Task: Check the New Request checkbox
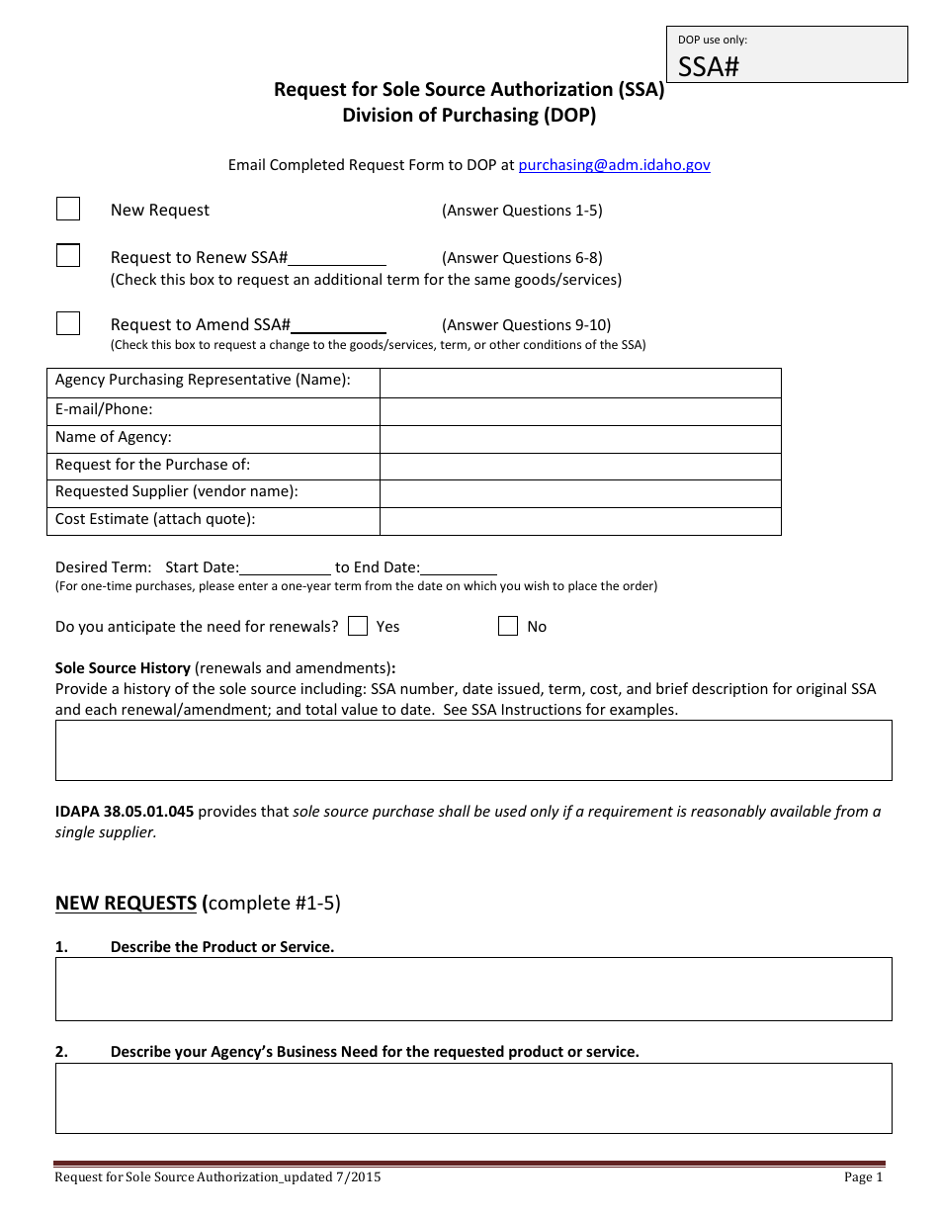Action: pyautogui.click(x=68, y=209)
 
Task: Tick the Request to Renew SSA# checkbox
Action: pyautogui.click(x=68, y=256)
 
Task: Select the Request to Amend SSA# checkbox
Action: pyautogui.click(x=68, y=323)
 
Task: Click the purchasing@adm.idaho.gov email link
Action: pyautogui.click(x=614, y=165)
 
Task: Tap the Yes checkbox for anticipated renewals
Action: pyautogui.click(x=359, y=626)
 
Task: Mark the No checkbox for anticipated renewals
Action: pyautogui.click(x=508, y=626)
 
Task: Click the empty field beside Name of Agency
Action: pyautogui.click(x=580, y=439)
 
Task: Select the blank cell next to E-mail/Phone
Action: pyautogui.click(x=580, y=411)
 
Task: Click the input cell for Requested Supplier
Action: pyautogui.click(x=580, y=493)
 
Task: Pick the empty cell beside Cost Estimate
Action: pyautogui.click(x=580, y=521)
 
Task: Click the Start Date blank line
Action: pyautogui.click(x=285, y=567)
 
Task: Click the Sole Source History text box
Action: pyautogui.click(x=473, y=750)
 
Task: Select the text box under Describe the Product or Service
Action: pyautogui.click(x=473, y=989)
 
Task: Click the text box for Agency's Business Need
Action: pyautogui.click(x=473, y=1097)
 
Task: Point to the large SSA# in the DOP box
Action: pyautogui.click(x=709, y=66)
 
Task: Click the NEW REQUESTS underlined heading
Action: pyautogui.click(x=126, y=903)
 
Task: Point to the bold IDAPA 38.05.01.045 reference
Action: pyautogui.click(x=125, y=812)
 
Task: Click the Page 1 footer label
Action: pyautogui.click(x=863, y=1176)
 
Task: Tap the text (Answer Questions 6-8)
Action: pyautogui.click(x=522, y=258)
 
